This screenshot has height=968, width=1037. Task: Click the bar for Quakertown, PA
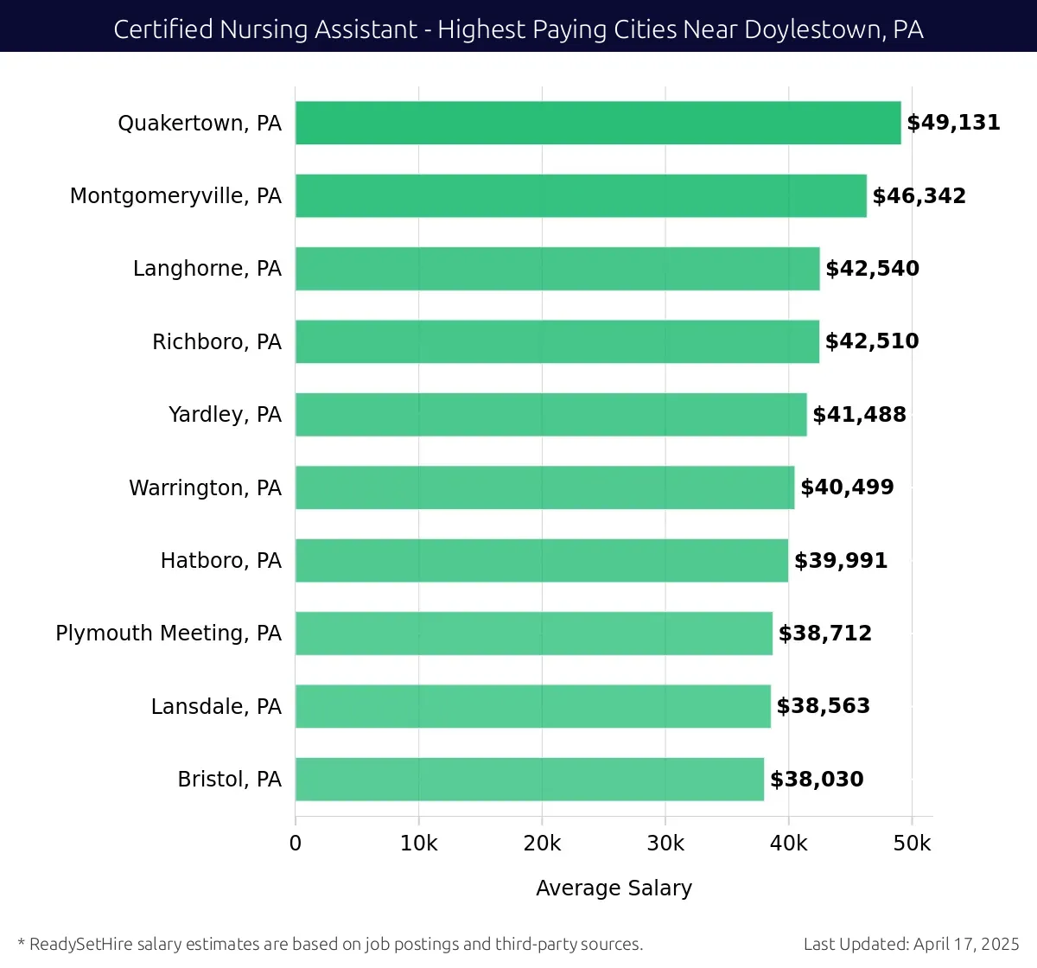tap(598, 123)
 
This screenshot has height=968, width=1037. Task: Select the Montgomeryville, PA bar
tap(581, 195)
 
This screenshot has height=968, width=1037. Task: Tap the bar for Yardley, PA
tap(550, 415)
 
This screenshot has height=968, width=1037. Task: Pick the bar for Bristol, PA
tap(530, 780)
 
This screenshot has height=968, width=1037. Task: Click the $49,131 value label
tap(953, 123)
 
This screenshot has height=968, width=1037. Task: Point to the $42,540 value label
tap(872, 269)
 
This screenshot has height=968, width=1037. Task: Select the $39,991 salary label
tap(841, 561)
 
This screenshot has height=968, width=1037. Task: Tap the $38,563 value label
tap(823, 706)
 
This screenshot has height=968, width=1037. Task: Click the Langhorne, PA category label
tap(207, 269)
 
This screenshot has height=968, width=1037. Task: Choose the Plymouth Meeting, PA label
tap(169, 634)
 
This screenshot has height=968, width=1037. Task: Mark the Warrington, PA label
tap(206, 488)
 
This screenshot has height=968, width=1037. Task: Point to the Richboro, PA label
tap(217, 342)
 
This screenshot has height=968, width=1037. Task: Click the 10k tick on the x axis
tap(418, 844)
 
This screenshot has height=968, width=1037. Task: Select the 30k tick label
tap(665, 844)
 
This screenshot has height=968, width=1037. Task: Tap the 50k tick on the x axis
tap(912, 844)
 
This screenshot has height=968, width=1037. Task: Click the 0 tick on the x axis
tap(296, 844)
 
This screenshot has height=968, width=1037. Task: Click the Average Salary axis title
tap(614, 888)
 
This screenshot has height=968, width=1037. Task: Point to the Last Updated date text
tap(911, 944)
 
